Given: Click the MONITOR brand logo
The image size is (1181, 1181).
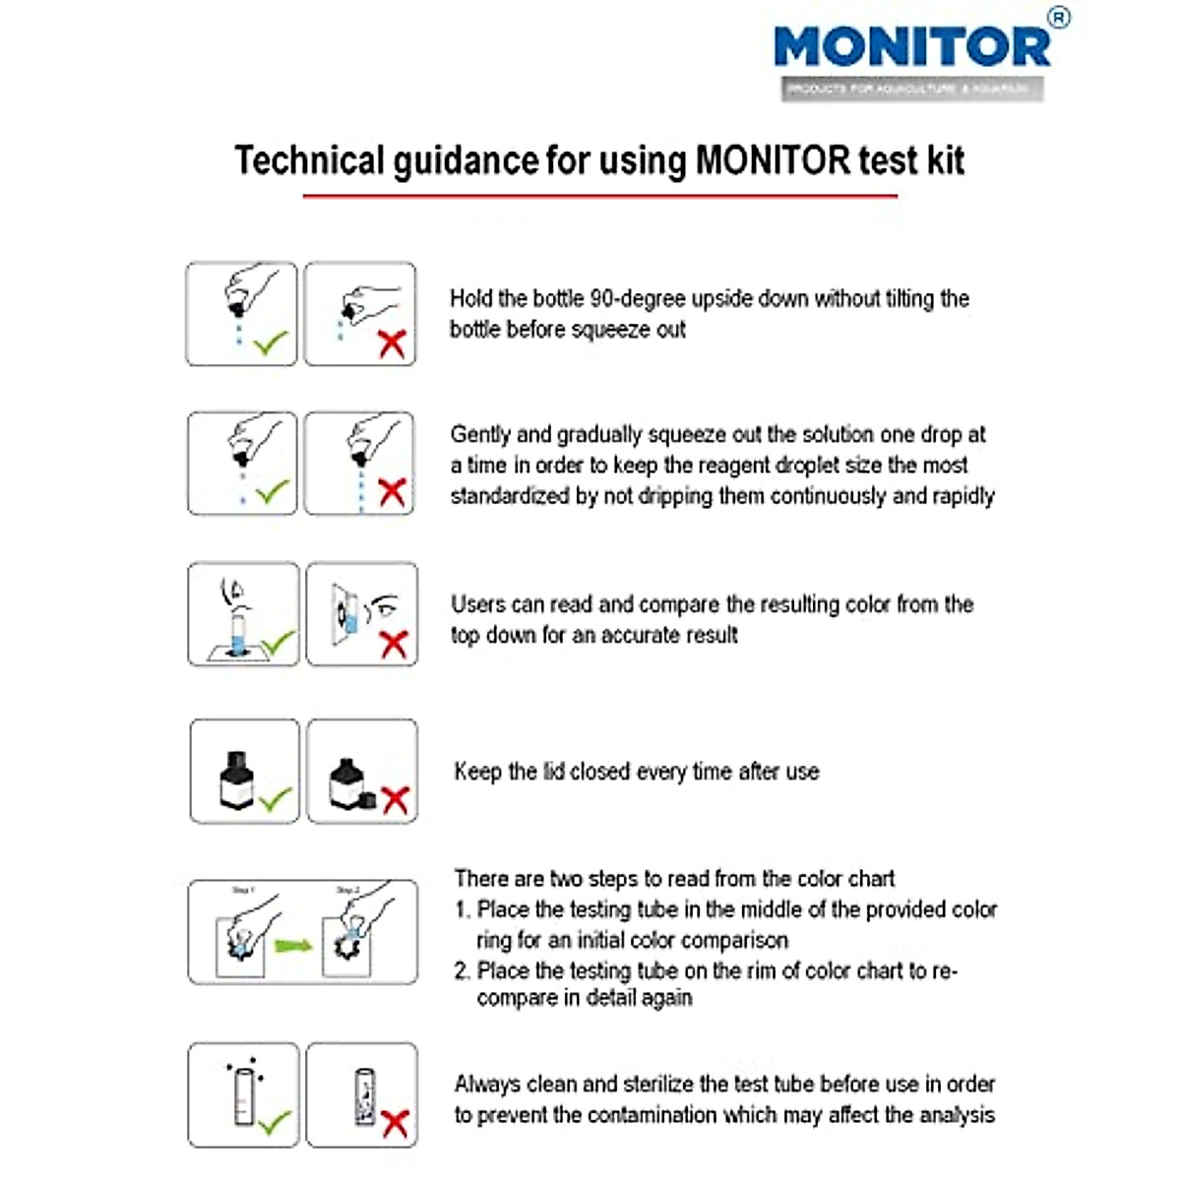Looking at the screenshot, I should [x=911, y=47].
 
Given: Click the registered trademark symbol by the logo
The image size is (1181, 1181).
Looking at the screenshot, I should [x=1058, y=18].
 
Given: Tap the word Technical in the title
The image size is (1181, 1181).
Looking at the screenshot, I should [x=308, y=160].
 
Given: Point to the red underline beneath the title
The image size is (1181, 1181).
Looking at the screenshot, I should [x=599, y=196].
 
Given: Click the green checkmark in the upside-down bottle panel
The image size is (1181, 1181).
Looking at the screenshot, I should [x=271, y=343].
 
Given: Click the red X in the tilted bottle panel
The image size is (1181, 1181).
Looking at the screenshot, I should [x=392, y=344].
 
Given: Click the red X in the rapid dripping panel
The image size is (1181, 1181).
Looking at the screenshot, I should [x=392, y=492].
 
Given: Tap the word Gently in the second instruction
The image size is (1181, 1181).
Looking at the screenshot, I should [x=481, y=434].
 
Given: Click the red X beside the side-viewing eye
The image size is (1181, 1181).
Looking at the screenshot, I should [x=394, y=644].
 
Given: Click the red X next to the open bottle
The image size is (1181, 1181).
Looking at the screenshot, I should [x=395, y=798].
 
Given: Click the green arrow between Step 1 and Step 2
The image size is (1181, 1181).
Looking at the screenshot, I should [x=292, y=946].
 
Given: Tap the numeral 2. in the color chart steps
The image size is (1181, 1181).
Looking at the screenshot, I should [x=462, y=970].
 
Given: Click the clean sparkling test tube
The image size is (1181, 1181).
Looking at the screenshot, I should [x=243, y=1095].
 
